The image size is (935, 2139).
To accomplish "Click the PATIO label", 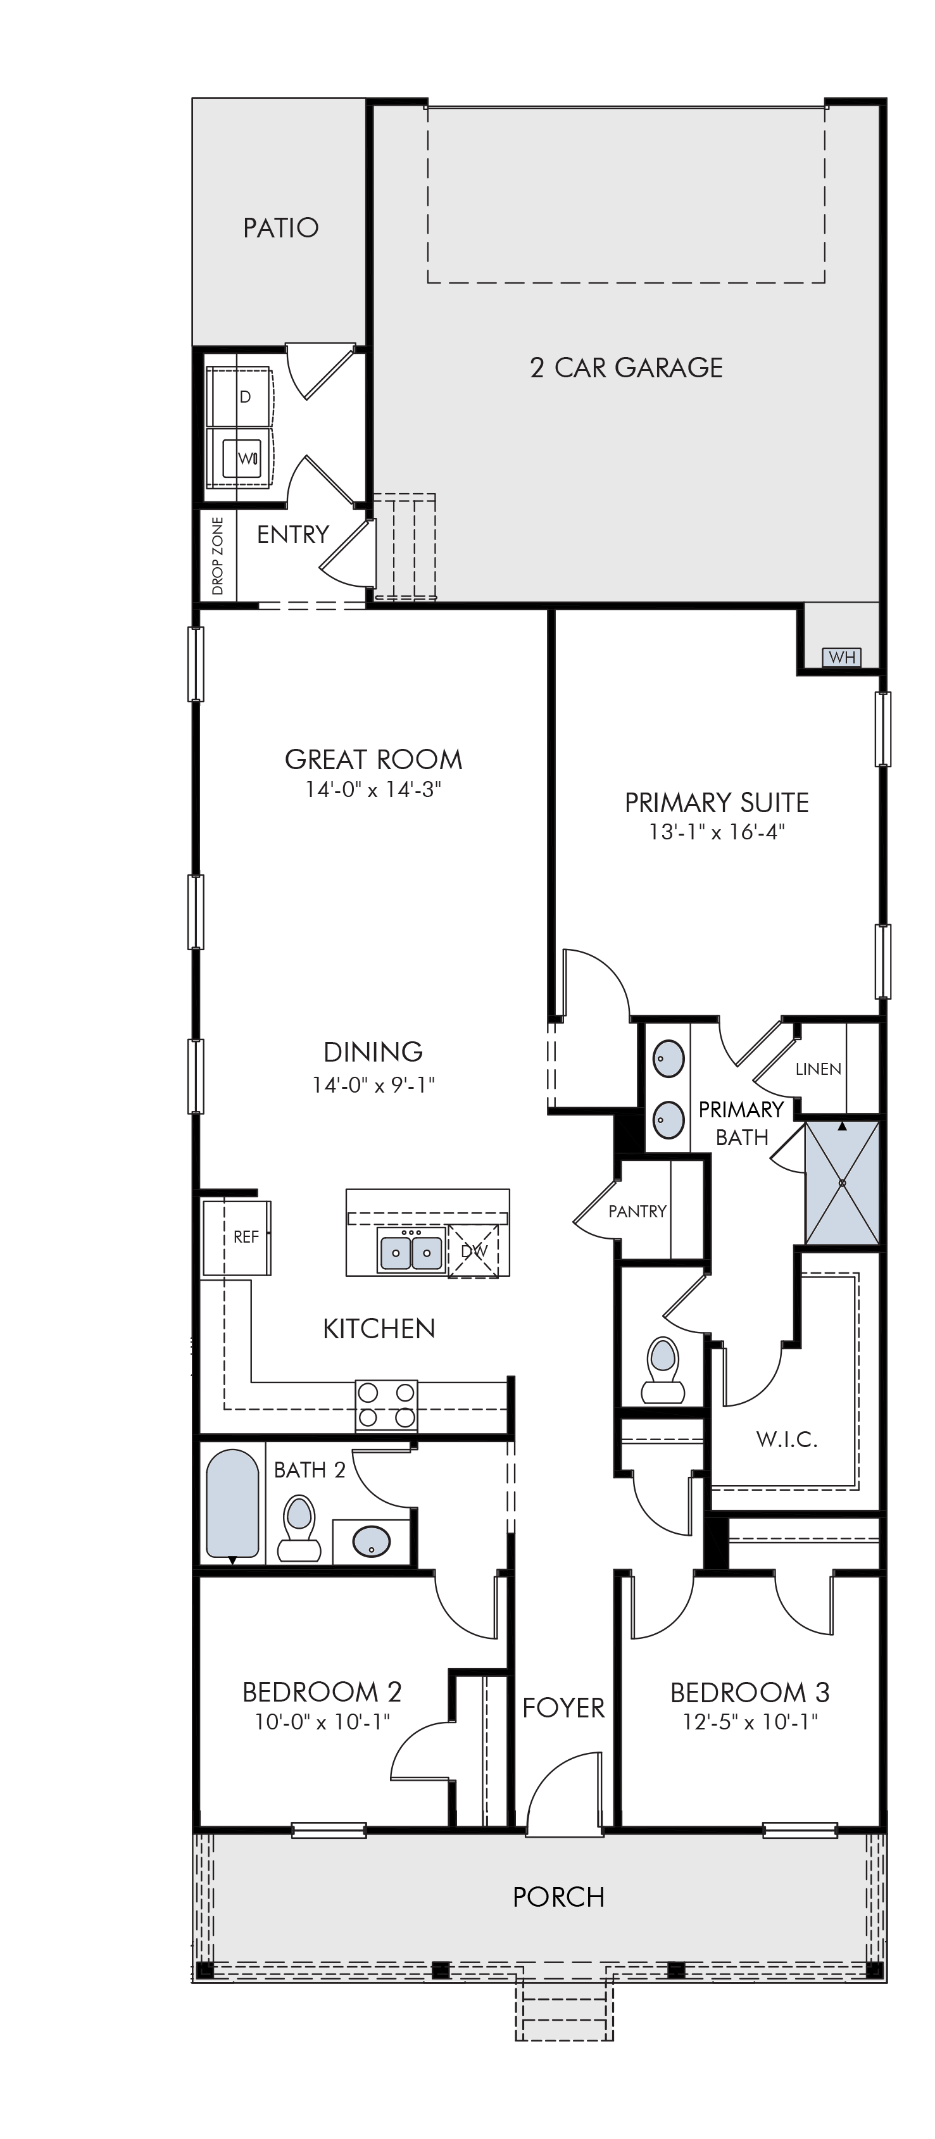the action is [x=280, y=227].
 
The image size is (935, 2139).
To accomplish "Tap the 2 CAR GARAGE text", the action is [x=626, y=367].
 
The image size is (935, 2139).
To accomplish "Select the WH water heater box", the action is [x=841, y=658].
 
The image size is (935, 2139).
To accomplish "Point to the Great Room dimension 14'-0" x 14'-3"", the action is [x=373, y=789].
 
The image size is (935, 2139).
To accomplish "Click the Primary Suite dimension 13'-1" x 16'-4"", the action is [x=717, y=831].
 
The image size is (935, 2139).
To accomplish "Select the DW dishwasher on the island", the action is [x=474, y=1250].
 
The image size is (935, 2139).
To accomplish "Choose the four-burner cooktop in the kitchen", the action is [x=386, y=1405].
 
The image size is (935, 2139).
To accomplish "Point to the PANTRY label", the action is [x=637, y=1212].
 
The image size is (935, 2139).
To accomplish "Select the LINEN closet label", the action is [x=818, y=1070].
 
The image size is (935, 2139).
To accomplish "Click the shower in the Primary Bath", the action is [x=842, y=1182].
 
